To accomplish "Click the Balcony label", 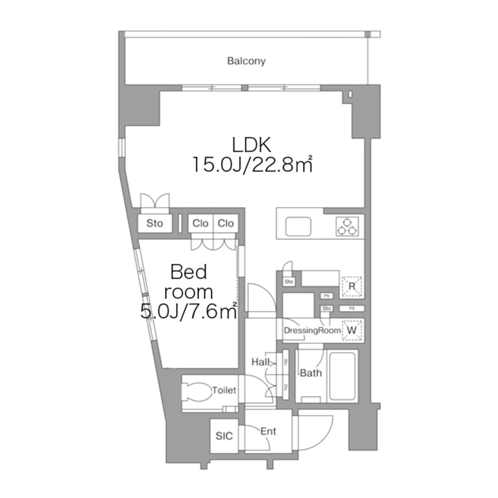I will pos(246,61).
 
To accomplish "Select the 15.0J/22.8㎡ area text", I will pos(252,164).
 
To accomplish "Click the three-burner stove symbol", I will pos(347,226).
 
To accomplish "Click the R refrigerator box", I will pos(352,286).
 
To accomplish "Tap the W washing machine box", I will pos(352,330).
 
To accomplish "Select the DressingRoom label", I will pos(312,330).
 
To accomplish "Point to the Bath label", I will pos(311,373).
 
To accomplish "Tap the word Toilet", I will pos(224,391).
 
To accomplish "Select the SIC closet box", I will pos(224,436).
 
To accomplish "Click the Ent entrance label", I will pos(268,431).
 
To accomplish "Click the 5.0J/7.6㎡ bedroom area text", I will pos(188,312).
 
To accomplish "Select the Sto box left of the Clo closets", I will pos(154,224).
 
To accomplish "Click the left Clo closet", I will pos(201,224).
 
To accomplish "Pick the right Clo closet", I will pos(226,224).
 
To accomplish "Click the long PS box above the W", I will pos(352,308).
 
